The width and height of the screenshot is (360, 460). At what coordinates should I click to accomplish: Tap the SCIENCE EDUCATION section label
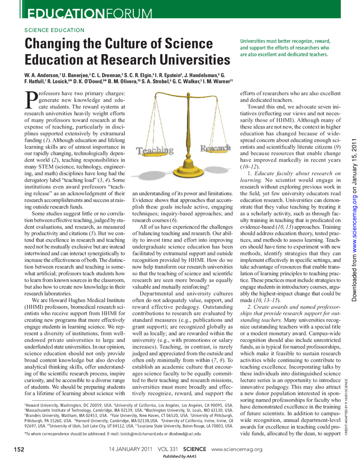(54, 30)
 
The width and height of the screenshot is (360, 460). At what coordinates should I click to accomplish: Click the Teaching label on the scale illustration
(155, 150)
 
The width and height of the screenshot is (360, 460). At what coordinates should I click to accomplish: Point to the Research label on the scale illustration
(215, 148)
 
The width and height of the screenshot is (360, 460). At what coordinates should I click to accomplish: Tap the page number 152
(19, 449)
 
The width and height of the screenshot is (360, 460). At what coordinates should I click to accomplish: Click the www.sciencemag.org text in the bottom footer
(237, 449)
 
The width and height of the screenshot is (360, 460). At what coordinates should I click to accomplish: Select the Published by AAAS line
(179, 456)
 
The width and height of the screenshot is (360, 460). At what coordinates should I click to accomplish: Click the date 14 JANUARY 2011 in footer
(130, 449)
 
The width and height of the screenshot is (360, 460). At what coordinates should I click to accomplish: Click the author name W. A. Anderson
(41, 75)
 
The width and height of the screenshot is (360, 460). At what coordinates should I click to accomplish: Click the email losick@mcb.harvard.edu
(141, 434)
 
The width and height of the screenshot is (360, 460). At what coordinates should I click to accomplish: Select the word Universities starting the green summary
(252, 41)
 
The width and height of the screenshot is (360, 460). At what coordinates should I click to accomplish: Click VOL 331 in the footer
(168, 449)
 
